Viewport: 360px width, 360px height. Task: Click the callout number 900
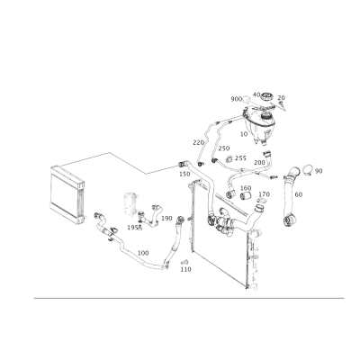(237, 99)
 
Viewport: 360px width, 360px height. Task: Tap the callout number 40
(256, 94)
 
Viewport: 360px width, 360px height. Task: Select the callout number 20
(281, 98)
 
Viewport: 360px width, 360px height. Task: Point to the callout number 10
(244, 134)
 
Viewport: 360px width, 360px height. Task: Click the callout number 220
(198, 142)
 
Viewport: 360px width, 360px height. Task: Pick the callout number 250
(224, 148)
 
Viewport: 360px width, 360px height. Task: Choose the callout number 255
(240, 158)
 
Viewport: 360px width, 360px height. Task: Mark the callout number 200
(259, 163)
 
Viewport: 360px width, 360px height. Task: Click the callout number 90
(319, 171)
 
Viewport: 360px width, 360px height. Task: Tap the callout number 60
(299, 194)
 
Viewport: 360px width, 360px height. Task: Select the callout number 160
(246, 188)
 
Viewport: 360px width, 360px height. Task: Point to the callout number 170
(264, 194)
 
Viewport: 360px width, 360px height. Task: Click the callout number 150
(184, 174)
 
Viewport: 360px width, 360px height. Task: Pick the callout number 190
(166, 218)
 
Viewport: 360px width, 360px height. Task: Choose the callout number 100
(143, 253)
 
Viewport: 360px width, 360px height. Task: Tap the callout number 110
(185, 269)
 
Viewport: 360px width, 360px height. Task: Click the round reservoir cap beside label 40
(266, 97)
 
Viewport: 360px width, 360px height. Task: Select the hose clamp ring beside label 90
(308, 170)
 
